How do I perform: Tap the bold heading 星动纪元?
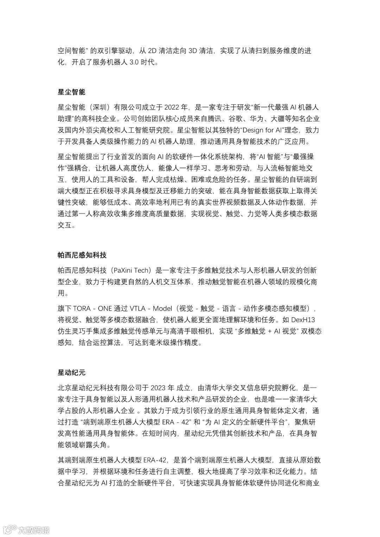71,372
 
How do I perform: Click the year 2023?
158,388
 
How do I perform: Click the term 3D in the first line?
192,51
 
